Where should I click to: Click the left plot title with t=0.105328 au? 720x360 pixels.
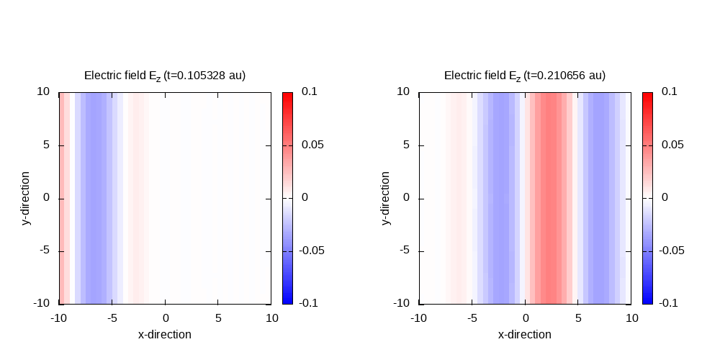[x=165, y=76]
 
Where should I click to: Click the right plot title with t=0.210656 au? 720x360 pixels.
[x=525, y=76]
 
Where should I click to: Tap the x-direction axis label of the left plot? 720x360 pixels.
[x=165, y=334]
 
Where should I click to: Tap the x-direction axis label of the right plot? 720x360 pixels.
[x=525, y=334]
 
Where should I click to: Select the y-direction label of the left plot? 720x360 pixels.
[x=26, y=198]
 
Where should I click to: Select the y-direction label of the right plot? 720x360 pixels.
[x=386, y=198]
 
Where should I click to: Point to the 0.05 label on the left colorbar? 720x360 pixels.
[x=312, y=145]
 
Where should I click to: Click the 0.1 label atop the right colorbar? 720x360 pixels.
[x=670, y=91]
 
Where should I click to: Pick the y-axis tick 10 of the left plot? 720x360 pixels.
[x=44, y=91]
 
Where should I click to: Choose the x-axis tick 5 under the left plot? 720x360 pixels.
[x=218, y=318]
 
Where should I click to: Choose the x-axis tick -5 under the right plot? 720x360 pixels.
[x=472, y=318]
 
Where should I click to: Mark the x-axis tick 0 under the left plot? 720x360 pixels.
[x=166, y=318]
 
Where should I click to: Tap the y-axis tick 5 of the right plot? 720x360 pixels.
[x=406, y=145]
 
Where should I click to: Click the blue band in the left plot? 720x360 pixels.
[x=94, y=198]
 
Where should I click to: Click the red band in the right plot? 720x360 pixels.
[x=552, y=198]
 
